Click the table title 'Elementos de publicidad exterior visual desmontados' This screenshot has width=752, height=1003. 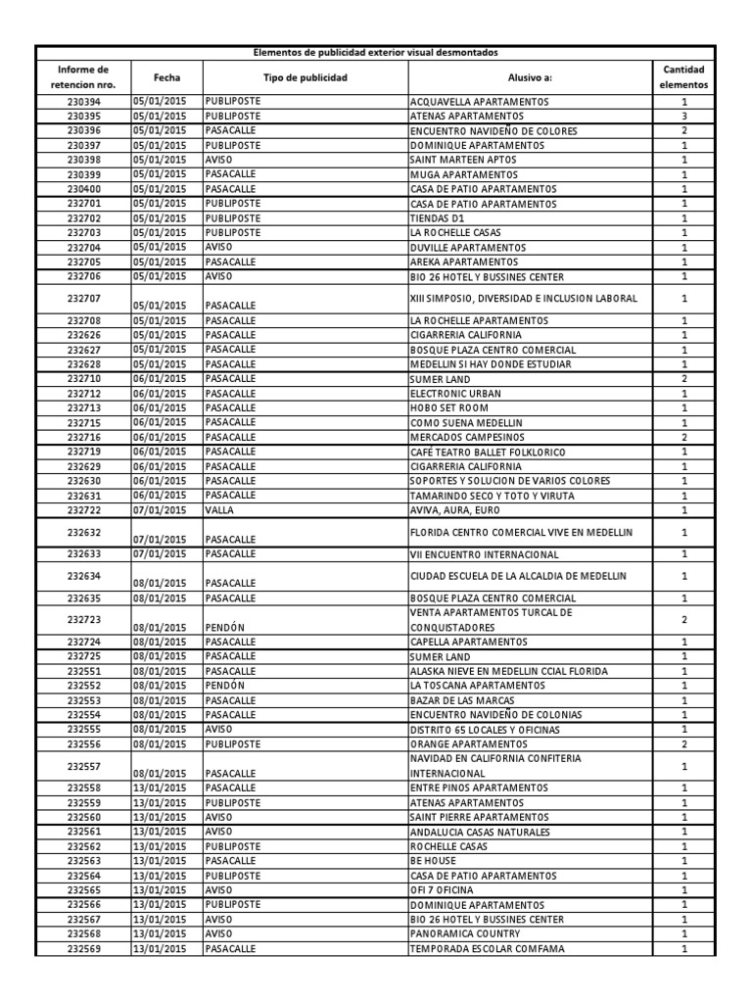pyautogui.click(x=375, y=53)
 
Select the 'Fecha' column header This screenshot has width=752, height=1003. pyautogui.click(x=166, y=76)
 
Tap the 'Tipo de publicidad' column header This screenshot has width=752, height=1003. pyautogui.click(x=305, y=76)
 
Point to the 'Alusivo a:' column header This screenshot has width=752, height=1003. pyautogui.click(x=530, y=76)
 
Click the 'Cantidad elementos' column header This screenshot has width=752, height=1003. pyautogui.click(x=683, y=76)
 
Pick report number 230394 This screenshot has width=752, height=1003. pyautogui.click(x=83, y=102)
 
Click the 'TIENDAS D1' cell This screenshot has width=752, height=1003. pyautogui.click(x=437, y=218)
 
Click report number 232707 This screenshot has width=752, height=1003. pyautogui.click(x=83, y=298)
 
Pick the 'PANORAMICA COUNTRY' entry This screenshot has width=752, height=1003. pyautogui.click(x=459, y=934)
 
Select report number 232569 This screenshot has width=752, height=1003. pyautogui.click(x=83, y=949)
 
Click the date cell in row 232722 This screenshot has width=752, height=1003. pyautogui.click(x=160, y=510)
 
